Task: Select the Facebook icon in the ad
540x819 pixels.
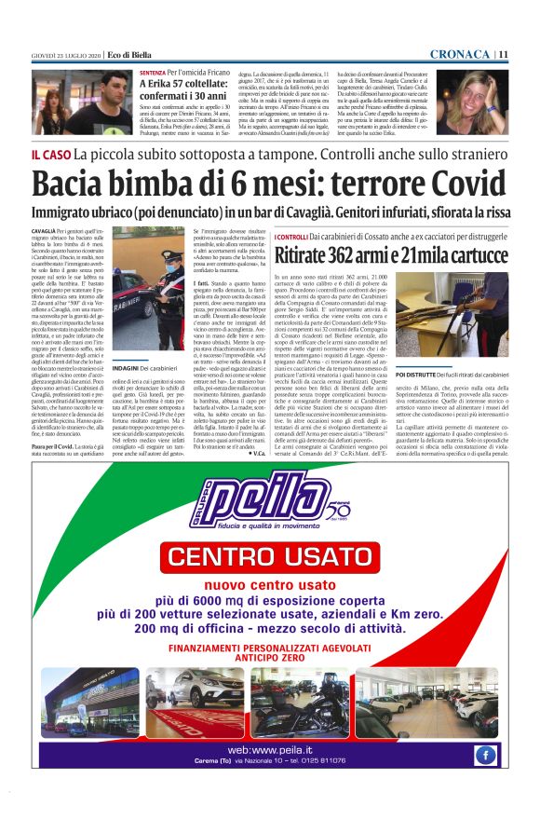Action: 483,755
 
